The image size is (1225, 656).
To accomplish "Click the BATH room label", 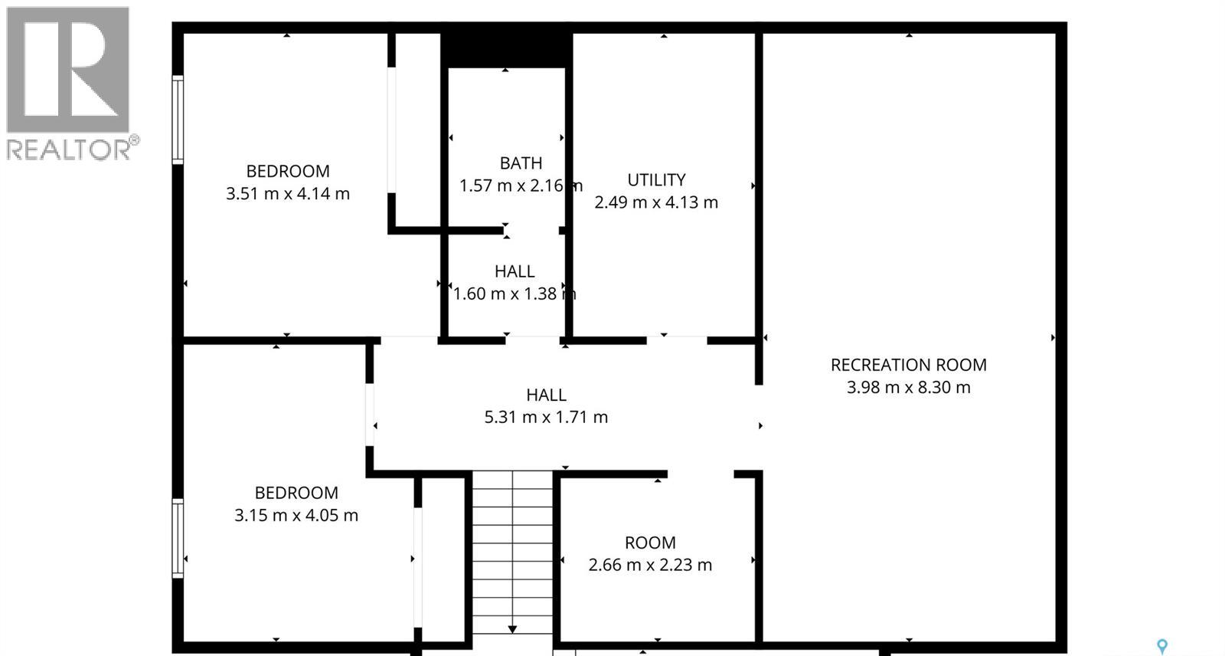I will coord(521,163).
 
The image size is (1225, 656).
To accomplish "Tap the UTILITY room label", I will coord(656,180).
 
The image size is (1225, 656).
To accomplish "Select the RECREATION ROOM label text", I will coord(908,365).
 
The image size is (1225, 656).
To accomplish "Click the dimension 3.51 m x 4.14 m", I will coord(288,194).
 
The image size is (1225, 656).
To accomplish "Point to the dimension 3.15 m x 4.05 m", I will coord(296,515).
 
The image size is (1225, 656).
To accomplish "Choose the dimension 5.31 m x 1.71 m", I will coord(546,418).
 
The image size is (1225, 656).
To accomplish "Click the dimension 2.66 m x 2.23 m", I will coord(650,565).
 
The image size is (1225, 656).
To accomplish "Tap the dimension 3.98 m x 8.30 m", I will coord(908,388).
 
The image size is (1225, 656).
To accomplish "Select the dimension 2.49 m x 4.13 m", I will coord(656,202).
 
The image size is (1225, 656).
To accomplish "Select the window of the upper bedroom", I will coord(178,120).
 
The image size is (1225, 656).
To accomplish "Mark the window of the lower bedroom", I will coord(178,538).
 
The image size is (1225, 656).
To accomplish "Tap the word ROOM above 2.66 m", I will coord(650,543).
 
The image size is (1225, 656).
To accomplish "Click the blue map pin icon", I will coord(1161,647).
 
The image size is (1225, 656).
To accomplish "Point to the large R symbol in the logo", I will coord(67,69).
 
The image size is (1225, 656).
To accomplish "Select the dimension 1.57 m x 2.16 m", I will coord(521,185).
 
